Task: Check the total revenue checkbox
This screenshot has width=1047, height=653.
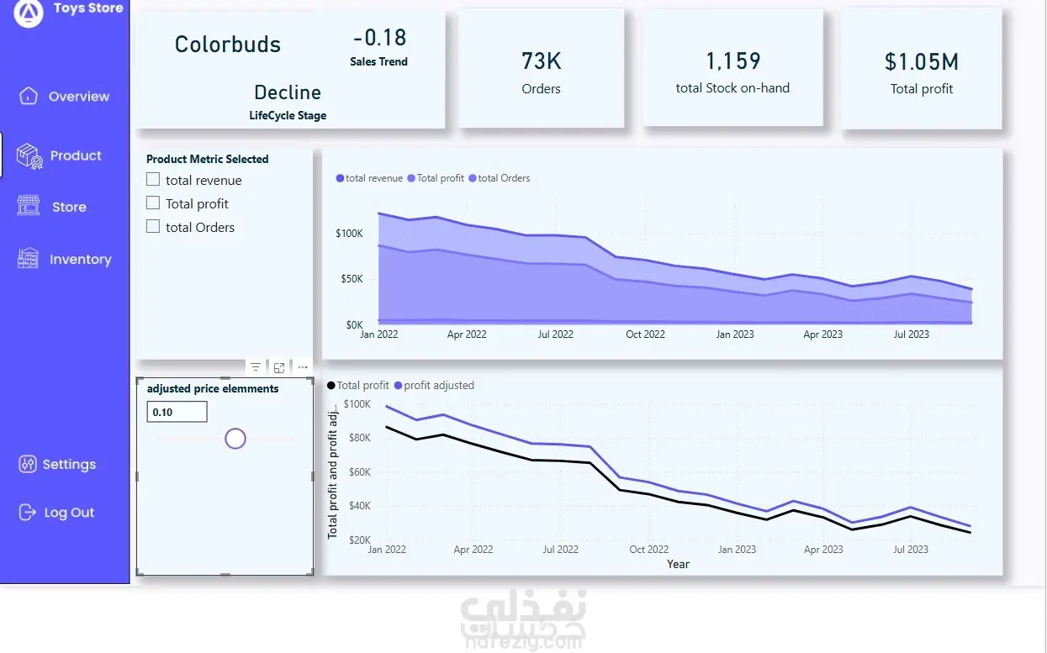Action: pos(153,179)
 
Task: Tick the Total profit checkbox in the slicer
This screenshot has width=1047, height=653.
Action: pos(153,203)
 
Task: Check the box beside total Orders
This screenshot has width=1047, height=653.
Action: pos(153,226)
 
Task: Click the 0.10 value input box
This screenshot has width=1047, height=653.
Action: pos(177,412)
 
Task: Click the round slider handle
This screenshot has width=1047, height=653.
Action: pos(235,438)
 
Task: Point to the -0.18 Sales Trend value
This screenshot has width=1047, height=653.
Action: pos(379,38)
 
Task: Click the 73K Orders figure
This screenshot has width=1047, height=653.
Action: pos(541,61)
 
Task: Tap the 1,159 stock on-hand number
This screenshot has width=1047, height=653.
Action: pos(732,61)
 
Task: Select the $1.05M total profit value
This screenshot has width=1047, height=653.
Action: pos(922,61)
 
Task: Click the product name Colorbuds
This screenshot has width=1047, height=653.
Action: pos(228,45)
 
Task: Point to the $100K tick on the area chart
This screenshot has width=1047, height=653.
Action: pos(349,233)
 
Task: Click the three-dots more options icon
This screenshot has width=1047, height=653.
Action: pos(303,367)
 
